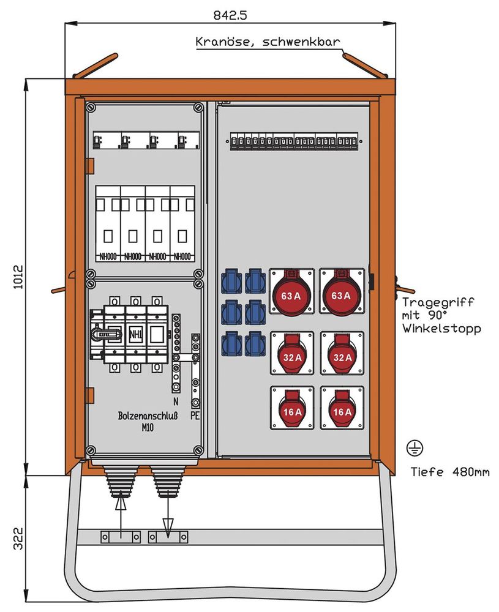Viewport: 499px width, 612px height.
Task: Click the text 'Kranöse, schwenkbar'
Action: coord(268,43)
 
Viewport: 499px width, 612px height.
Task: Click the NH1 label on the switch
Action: coord(135,334)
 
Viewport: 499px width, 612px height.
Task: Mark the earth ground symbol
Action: coord(413,449)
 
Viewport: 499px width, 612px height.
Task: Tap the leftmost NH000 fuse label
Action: coord(108,256)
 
